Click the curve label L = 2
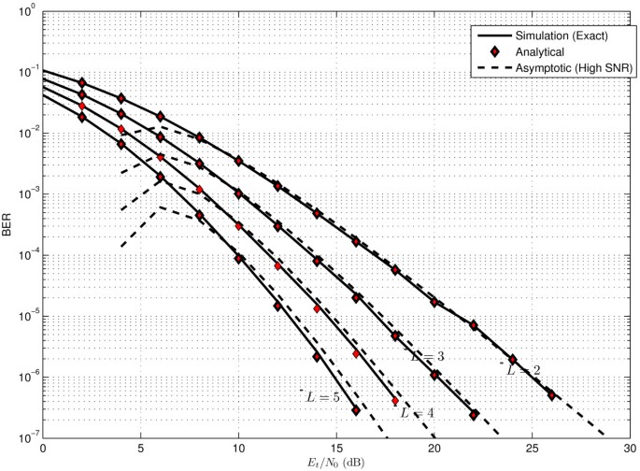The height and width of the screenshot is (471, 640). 523,370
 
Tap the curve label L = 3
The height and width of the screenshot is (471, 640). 427,356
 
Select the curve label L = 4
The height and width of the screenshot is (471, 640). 417,412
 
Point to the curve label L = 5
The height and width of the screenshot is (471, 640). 322,397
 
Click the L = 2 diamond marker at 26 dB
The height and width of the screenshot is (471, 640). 551,395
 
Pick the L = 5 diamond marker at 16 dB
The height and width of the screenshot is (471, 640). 356,410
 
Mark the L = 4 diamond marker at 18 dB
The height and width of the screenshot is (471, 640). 395,401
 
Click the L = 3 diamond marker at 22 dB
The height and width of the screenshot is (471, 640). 474,415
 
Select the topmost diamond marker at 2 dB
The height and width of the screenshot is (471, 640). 82,83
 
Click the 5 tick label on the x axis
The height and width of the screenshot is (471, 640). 140,449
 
